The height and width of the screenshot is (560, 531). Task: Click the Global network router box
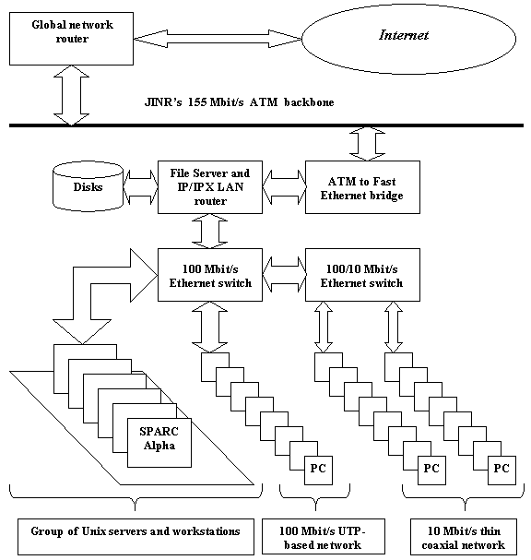click(71, 39)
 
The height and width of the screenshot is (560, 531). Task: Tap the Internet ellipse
click(409, 39)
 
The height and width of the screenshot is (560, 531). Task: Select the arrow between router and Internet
click(218, 39)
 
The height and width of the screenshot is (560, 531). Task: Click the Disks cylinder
click(88, 186)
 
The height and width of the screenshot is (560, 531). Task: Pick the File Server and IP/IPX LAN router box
click(210, 187)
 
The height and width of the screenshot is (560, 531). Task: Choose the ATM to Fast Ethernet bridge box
click(362, 187)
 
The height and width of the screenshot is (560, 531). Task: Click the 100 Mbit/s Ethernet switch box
click(210, 275)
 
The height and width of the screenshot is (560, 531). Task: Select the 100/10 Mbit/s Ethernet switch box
click(362, 275)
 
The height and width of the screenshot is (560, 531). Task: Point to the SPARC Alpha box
click(159, 443)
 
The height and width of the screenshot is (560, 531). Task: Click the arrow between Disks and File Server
click(141, 187)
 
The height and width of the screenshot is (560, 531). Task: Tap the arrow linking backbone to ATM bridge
click(367, 144)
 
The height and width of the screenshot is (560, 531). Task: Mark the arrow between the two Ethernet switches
click(284, 275)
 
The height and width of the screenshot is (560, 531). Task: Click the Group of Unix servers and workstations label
click(136, 537)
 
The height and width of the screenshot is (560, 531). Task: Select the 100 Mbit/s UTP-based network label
click(324, 537)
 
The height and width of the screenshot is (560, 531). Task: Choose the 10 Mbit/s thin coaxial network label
click(464, 537)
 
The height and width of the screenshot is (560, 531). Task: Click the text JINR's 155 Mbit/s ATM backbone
click(240, 102)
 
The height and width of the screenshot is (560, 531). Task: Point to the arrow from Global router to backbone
click(71, 95)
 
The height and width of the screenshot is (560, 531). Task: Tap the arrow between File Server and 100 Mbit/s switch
click(210, 232)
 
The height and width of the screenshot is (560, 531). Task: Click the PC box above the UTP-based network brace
click(318, 471)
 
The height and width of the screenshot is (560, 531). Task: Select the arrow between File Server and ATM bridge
click(284, 187)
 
